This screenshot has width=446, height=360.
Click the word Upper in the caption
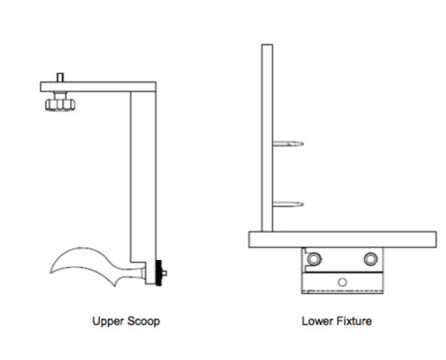coord(108,321)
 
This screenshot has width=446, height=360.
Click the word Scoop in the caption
coord(143,321)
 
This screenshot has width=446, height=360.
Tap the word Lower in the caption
coord(317,321)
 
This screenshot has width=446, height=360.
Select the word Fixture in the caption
coord(354,321)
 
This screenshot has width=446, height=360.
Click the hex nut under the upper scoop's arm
coord(60,104)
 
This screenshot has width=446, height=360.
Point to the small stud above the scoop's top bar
coord(60,77)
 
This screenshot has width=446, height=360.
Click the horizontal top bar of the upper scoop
coord(98,86)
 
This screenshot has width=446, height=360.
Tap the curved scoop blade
coord(87,263)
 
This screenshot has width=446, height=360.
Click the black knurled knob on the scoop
coord(159,273)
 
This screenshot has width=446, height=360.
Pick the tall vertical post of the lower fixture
coord(267,138)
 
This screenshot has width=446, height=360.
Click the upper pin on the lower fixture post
coord(288,144)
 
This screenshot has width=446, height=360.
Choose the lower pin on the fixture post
coord(288,204)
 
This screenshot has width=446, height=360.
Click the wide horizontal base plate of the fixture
coord(342,239)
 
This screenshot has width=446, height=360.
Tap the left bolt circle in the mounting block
coord(314,258)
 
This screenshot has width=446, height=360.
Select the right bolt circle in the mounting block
coord(370,258)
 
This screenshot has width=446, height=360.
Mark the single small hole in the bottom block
coord(342,282)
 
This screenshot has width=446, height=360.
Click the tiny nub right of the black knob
coord(164,273)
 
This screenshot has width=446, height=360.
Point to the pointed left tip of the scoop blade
coord(50,272)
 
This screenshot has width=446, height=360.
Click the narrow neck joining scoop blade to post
coord(141,273)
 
